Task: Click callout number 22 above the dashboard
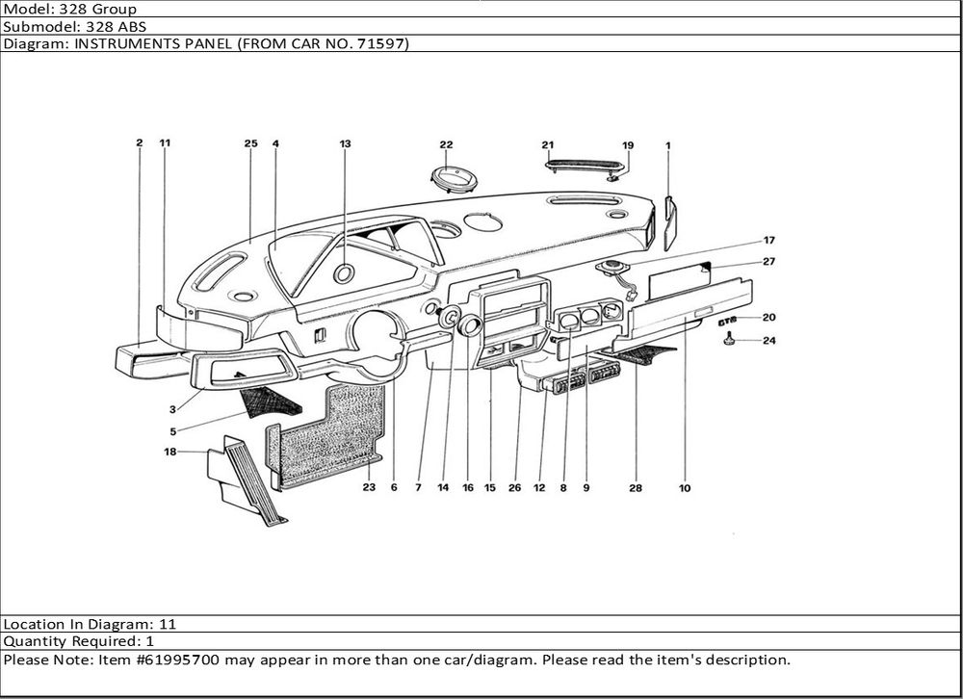click(x=446, y=145)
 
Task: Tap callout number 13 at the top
click(x=345, y=143)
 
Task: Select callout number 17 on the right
click(x=769, y=240)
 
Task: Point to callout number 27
click(x=769, y=261)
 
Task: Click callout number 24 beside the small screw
click(x=769, y=340)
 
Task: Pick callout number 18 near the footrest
click(x=170, y=451)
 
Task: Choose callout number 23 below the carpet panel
click(x=369, y=488)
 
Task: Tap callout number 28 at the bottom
click(x=636, y=488)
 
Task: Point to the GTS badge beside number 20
click(x=729, y=318)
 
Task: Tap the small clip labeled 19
click(x=613, y=175)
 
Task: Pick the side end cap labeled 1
click(x=670, y=221)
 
